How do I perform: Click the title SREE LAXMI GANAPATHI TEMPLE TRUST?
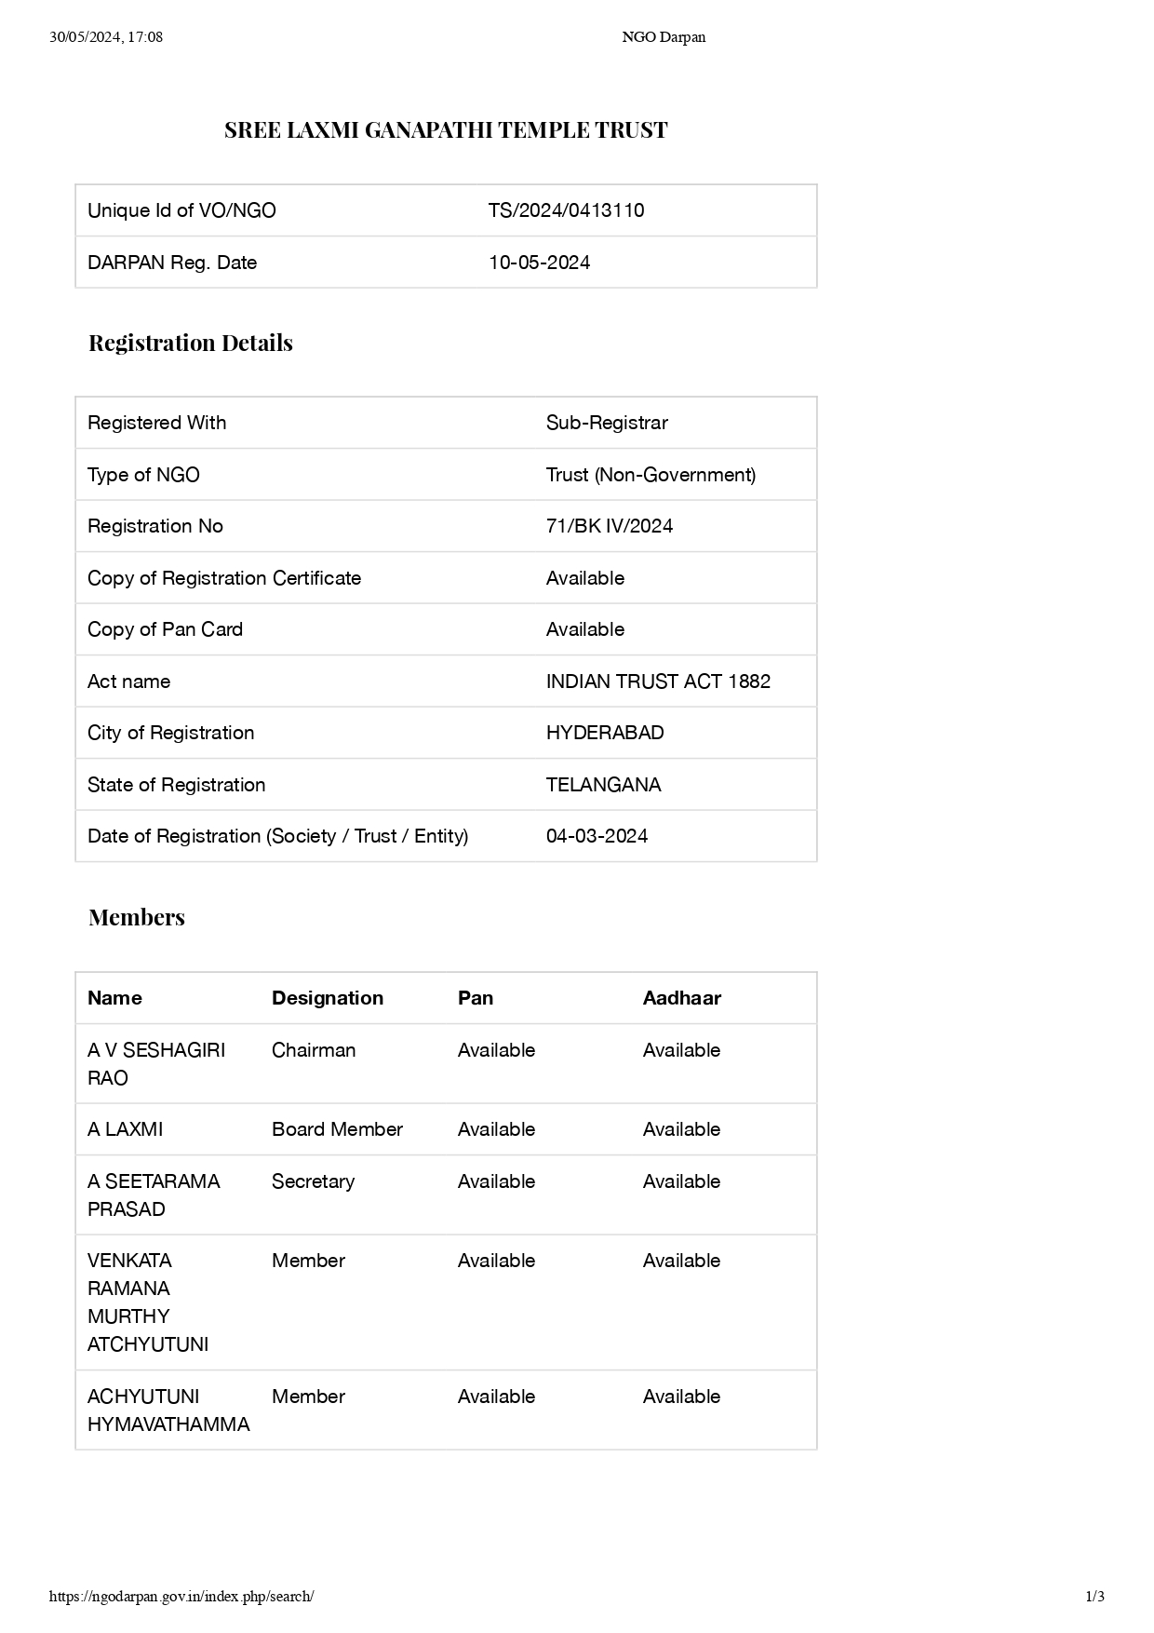tap(446, 130)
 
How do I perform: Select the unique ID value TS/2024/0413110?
tap(566, 210)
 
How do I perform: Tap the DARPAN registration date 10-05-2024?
tap(539, 263)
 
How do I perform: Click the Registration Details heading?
tap(191, 344)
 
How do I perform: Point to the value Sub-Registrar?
tap(607, 423)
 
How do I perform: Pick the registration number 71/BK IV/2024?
tap(609, 526)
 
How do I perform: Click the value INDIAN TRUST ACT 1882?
tap(658, 682)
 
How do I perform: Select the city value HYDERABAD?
tap(605, 733)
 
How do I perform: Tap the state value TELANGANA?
tap(603, 785)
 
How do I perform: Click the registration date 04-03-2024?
tap(597, 836)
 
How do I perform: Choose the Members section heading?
tap(137, 918)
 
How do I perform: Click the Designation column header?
tap(328, 998)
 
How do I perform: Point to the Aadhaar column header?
tap(682, 998)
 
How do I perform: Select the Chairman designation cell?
tap(314, 1050)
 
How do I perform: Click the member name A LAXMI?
tap(125, 1129)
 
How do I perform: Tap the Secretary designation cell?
tap(313, 1181)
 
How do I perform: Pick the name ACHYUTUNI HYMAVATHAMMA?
tap(168, 1410)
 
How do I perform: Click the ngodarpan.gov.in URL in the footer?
tap(181, 1597)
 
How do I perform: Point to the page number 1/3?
tap(1094, 1597)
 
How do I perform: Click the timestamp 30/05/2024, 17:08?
tap(106, 37)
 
